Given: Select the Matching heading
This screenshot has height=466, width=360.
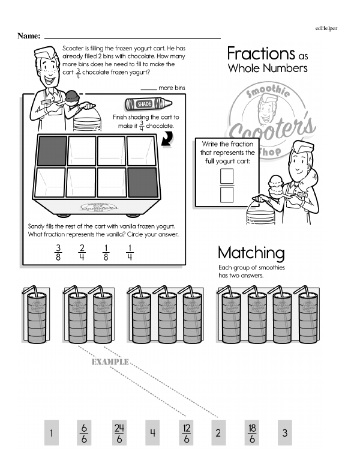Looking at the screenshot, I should [x=251, y=252].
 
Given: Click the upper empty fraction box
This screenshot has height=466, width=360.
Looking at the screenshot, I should [x=227, y=176].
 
